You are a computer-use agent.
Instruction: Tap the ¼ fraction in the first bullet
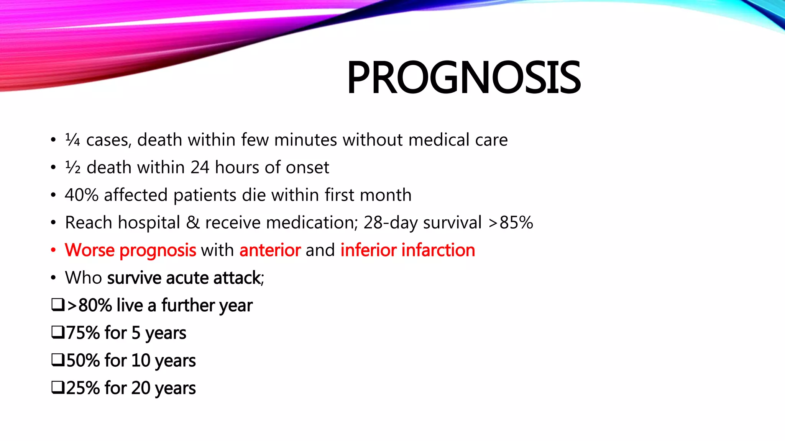coord(72,140)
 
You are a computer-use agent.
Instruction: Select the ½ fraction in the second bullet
coord(72,167)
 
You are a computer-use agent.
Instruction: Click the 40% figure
coord(81,195)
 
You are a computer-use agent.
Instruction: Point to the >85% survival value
coord(511,222)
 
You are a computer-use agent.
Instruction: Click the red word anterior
coord(270,250)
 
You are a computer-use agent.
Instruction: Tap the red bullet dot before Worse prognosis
coord(53,250)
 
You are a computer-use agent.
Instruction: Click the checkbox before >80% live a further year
coord(58,305)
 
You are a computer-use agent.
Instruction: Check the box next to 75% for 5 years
coord(58,332)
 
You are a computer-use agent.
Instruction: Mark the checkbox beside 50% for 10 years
coord(58,360)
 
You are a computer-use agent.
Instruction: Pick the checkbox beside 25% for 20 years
coord(58,387)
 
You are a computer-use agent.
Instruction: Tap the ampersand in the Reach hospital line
coord(192,223)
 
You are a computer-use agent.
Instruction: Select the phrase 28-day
coord(390,223)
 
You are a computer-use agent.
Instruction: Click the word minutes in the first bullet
coord(305,140)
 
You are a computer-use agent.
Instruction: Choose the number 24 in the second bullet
coord(200,167)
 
